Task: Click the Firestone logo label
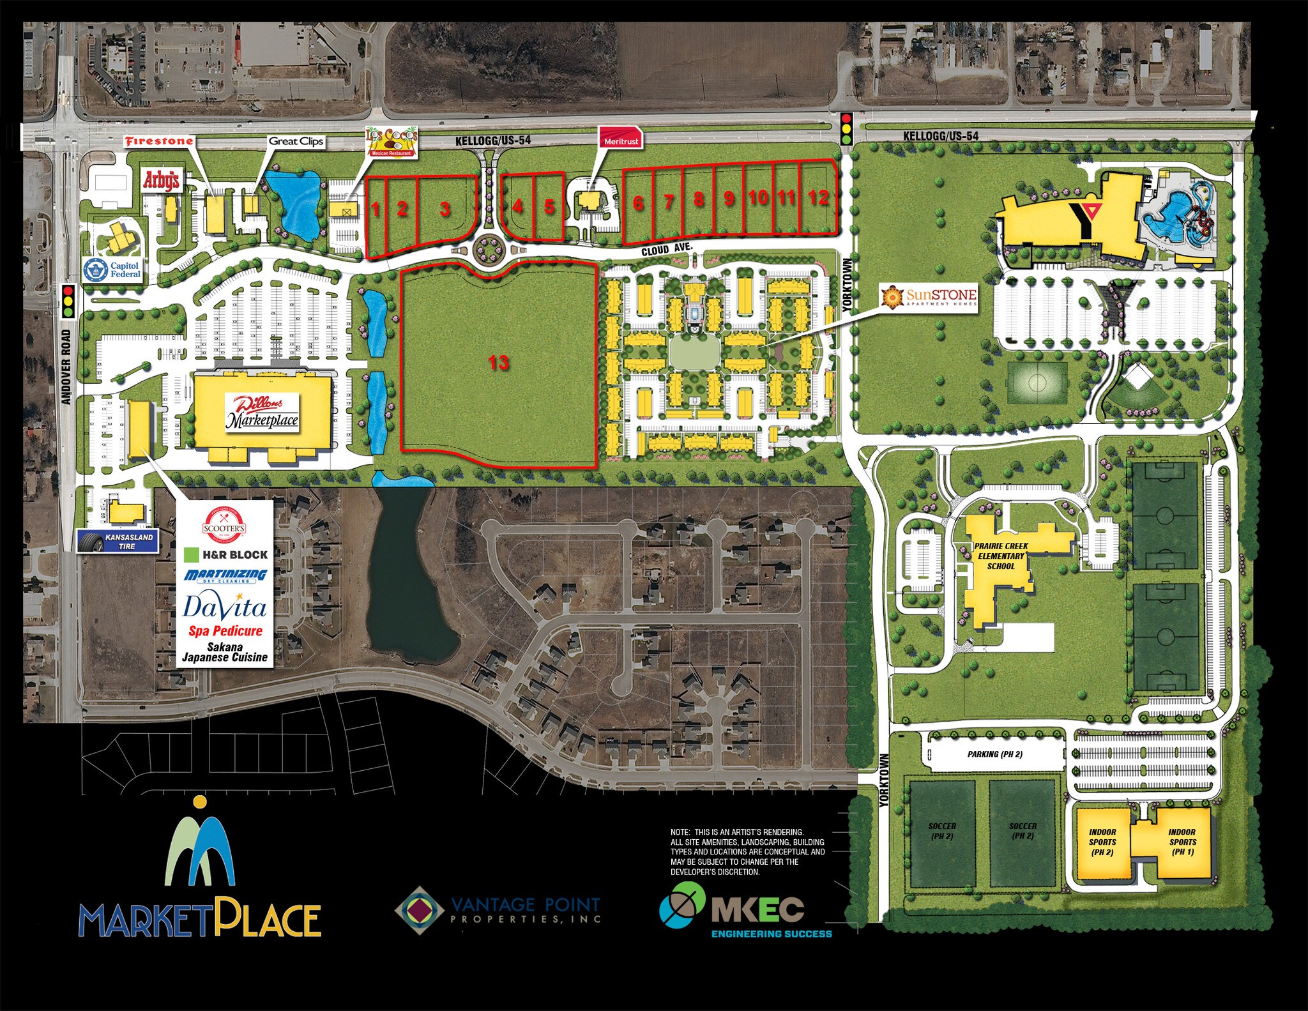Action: point(158,141)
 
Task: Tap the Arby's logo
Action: point(161,181)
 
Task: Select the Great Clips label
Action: point(296,142)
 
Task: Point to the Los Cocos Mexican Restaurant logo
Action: point(391,142)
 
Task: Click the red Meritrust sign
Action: point(620,140)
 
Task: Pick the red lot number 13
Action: point(498,363)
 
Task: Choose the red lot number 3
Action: point(445,209)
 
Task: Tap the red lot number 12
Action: point(817,197)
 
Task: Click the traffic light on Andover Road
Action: point(69,302)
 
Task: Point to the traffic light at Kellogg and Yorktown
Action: point(847,128)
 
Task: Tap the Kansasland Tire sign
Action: point(118,542)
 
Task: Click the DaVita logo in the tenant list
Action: point(224,606)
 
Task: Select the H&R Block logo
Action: point(226,554)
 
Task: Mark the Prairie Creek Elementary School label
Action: point(1000,556)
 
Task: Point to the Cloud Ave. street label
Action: point(666,250)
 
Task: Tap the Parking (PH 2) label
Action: point(994,754)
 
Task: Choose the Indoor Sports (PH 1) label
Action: point(1182,842)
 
